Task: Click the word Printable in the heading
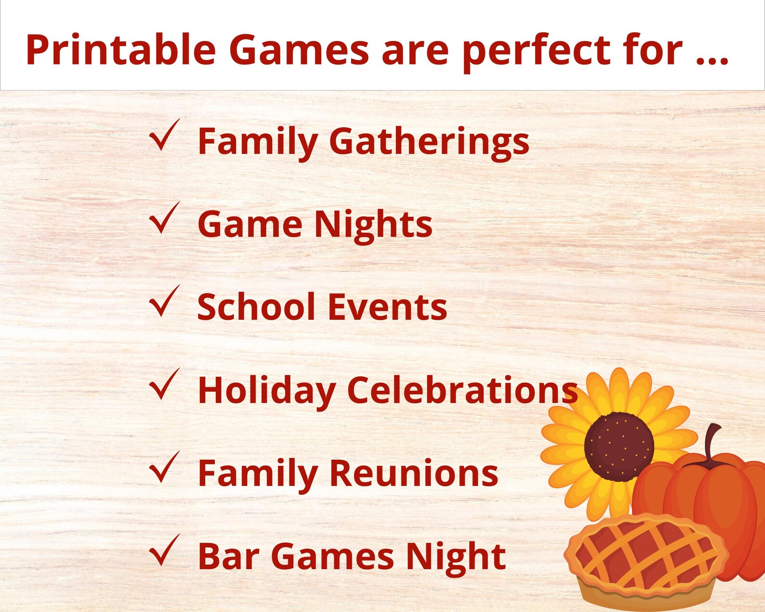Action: (120, 50)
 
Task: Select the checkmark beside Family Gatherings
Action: (164, 136)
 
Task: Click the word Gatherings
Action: (429, 142)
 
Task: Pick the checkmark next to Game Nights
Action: (164, 219)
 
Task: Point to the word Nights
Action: (373, 225)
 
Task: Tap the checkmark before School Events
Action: (164, 302)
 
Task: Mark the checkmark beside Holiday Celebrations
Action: (164, 385)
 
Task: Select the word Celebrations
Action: (462, 390)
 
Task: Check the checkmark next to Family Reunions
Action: (164, 468)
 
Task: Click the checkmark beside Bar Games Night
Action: (164, 551)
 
